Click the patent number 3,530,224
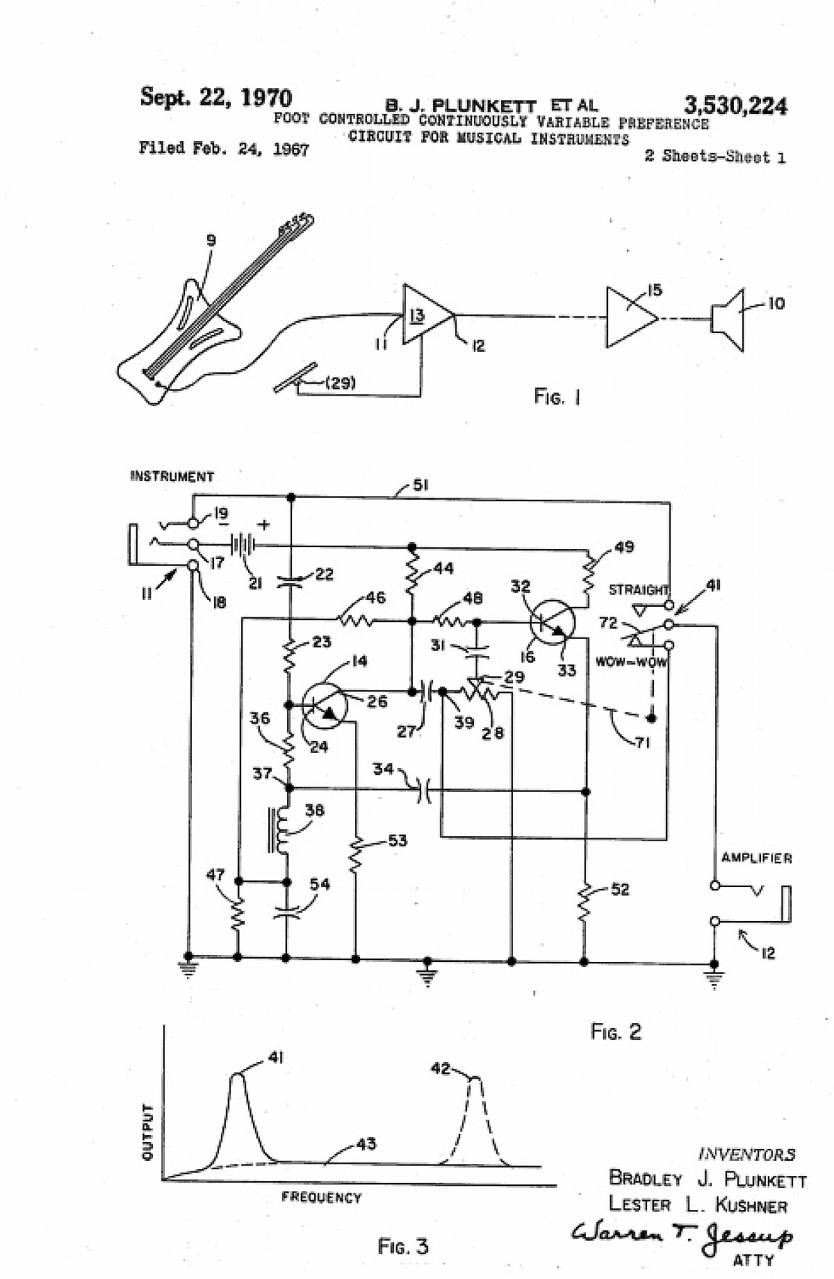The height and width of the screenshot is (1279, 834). [735, 106]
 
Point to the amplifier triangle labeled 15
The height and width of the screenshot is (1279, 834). [630, 317]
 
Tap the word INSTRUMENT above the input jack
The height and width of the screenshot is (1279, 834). [172, 477]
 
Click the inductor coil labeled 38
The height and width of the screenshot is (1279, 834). [281, 830]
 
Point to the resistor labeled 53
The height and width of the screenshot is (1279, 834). [356, 854]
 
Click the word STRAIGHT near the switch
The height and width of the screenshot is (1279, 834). [639, 590]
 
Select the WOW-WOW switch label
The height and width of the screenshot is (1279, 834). [630, 662]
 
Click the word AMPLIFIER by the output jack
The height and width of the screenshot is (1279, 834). [756, 858]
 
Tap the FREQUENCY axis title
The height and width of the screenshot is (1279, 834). [321, 1198]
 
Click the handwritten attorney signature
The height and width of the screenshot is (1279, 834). [682, 1235]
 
